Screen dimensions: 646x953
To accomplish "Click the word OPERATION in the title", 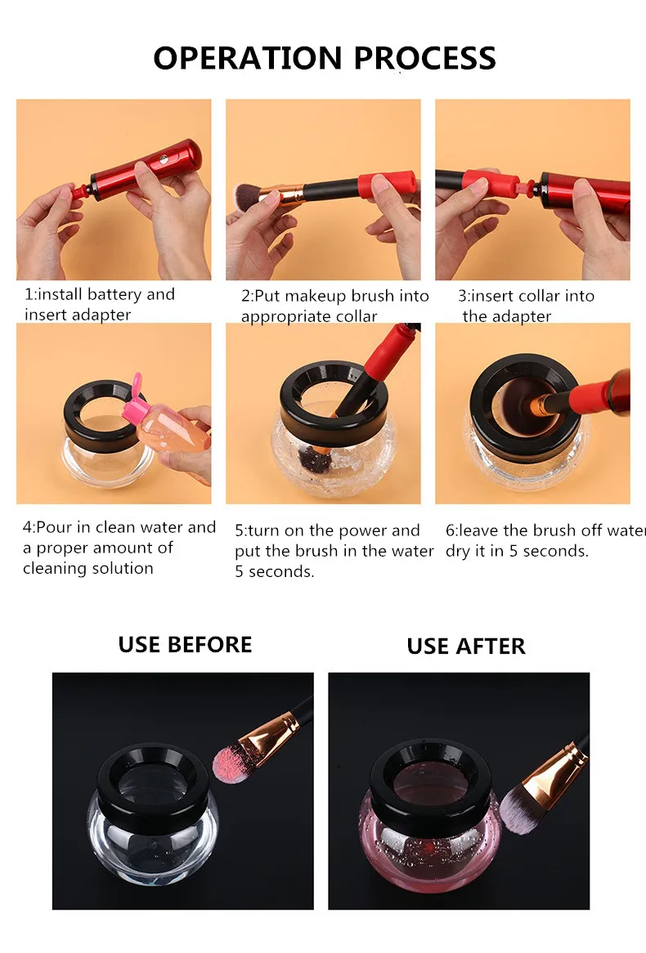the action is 248,58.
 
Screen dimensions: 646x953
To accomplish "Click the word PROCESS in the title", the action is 424,58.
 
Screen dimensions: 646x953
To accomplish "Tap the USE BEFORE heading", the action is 185,644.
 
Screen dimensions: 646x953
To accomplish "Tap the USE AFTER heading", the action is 466,646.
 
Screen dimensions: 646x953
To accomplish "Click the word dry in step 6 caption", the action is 457,551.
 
